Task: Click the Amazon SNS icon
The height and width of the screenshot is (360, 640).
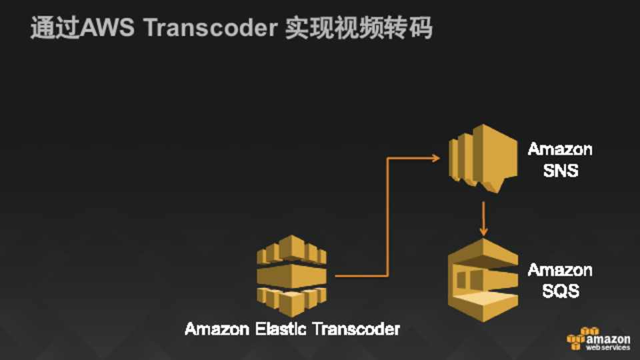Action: pyautogui.click(x=483, y=159)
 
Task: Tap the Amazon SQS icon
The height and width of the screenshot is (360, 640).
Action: pyautogui.click(x=483, y=280)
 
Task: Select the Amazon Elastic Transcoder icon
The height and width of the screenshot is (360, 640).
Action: pyautogui.click(x=291, y=276)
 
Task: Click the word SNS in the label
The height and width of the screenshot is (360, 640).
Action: pyautogui.click(x=561, y=170)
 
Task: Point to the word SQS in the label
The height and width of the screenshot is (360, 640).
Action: pyautogui.click(x=561, y=291)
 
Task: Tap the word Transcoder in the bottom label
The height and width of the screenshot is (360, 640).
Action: pyautogui.click(x=356, y=329)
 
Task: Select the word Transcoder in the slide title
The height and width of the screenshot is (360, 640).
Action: pyautogui.click(x=211, y=28)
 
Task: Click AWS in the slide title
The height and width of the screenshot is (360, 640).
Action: pyautogui.click(x=107, y=28)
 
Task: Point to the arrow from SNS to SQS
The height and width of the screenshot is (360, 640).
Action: pyautogui.click(x=484, y=219)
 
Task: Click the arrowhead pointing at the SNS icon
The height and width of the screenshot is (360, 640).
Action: pyautogui.click(x=436, y=157)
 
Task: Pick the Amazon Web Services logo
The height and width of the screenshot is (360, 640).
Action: pyautogui.click(x=599, y=339)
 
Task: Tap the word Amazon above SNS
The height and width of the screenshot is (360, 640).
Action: pyautogui.click(x=560, y=149)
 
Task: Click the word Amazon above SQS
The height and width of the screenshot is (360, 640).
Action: pyautogui.click(x=560, y=270)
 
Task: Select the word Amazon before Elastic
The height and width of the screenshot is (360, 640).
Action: pyautogui.click(x=217, y=329)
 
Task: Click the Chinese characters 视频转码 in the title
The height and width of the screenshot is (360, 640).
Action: pyautogui.click(x=384, y=28)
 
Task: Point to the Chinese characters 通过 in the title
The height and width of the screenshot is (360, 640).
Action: pyautogui.click(x=55, y=28)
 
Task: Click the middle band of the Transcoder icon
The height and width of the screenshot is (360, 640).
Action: pyautogui.click(x=291, y=276)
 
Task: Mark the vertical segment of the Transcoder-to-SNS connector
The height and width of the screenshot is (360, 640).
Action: pyautogui.click(x=388, y=217)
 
